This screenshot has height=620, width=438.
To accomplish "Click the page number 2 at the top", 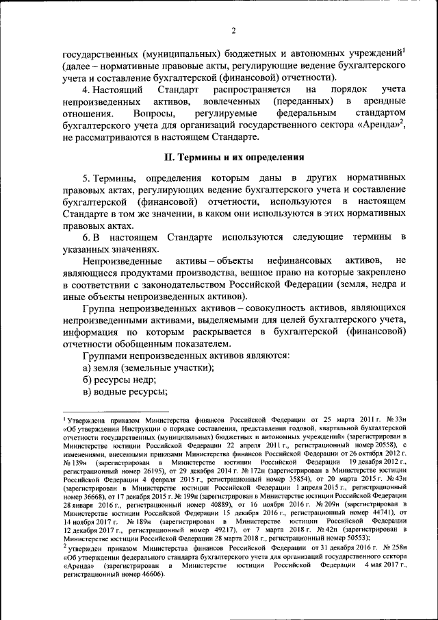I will pos(233,30).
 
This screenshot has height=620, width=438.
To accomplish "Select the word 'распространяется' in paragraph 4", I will pos(246,90).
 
